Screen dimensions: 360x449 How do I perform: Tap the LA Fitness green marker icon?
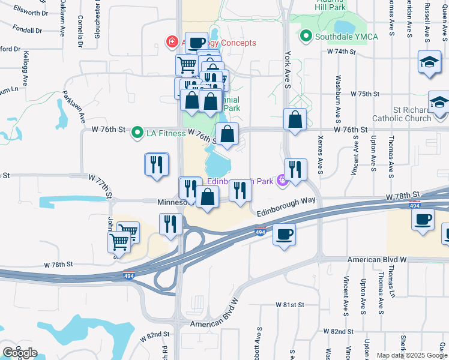click(x=137, y=133)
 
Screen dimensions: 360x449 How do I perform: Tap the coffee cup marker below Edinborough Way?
click(x=284, y=233)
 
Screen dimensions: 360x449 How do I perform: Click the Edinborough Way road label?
click(x=285, y=206)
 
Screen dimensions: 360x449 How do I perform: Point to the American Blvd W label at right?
click(x=378, y=260)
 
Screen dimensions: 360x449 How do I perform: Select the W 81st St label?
click(x=291, y=305)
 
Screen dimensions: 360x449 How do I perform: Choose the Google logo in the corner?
click(x=20, y=353)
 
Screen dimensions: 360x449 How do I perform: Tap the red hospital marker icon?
click(x=172, y=43)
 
